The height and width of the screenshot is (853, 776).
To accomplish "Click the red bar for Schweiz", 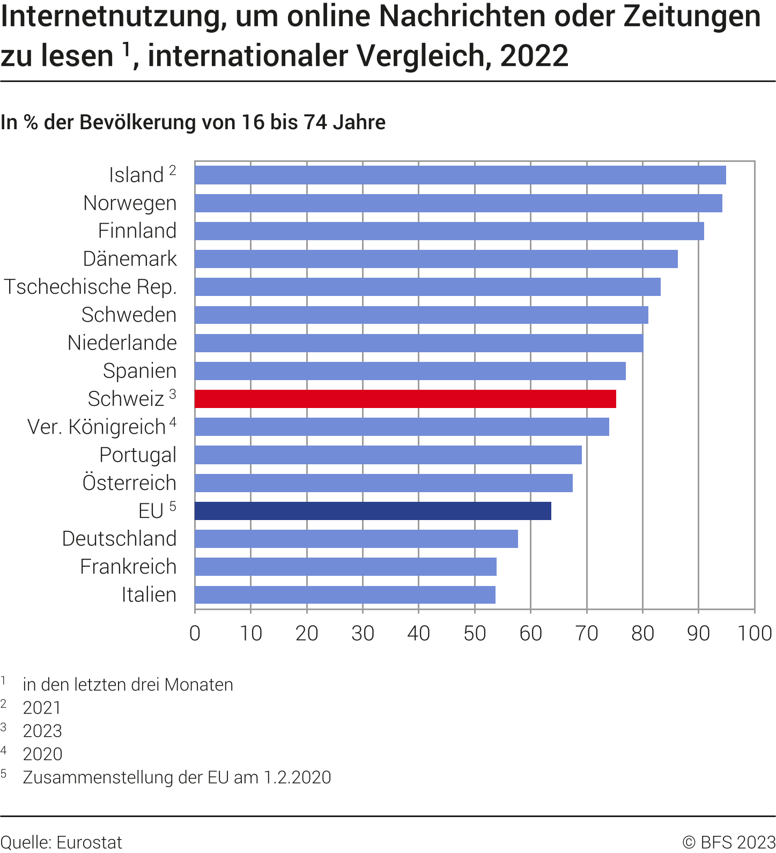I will tap(405, 399).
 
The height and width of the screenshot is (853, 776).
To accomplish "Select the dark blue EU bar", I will tap(373, 511).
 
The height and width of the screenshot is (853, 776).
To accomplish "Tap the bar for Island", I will tap(460, 175).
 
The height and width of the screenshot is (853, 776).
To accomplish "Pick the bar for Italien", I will tap(345, 595).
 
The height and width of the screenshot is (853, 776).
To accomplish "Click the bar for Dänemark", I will tap(436, 259).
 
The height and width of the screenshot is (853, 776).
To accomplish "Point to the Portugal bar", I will tap(388, 455).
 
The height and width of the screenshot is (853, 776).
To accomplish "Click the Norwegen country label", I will tap(130, 203).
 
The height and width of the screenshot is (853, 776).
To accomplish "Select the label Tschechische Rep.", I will tap(90, 287).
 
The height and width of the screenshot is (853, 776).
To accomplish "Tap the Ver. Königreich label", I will tap(97, 427).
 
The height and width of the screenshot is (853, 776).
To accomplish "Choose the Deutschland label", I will tap(119, 538).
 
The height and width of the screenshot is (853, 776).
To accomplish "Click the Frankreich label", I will tap(128, 567).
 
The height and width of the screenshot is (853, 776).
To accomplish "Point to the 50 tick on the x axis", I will tap(475, 633).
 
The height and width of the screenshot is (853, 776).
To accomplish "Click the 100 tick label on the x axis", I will tap(755, 633).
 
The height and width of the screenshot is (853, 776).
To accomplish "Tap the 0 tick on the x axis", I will tap(195, 633).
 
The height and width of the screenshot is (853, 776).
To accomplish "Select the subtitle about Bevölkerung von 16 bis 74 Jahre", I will tap(193, 122).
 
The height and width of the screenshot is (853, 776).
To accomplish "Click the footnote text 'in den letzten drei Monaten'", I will tap(128, 685).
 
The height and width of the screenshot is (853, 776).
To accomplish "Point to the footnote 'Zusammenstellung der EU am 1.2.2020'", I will tap(177, 777).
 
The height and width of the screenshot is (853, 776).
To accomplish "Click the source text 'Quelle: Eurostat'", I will tap(61, 842).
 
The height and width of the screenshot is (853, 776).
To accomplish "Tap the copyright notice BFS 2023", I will tap(729, 842).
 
